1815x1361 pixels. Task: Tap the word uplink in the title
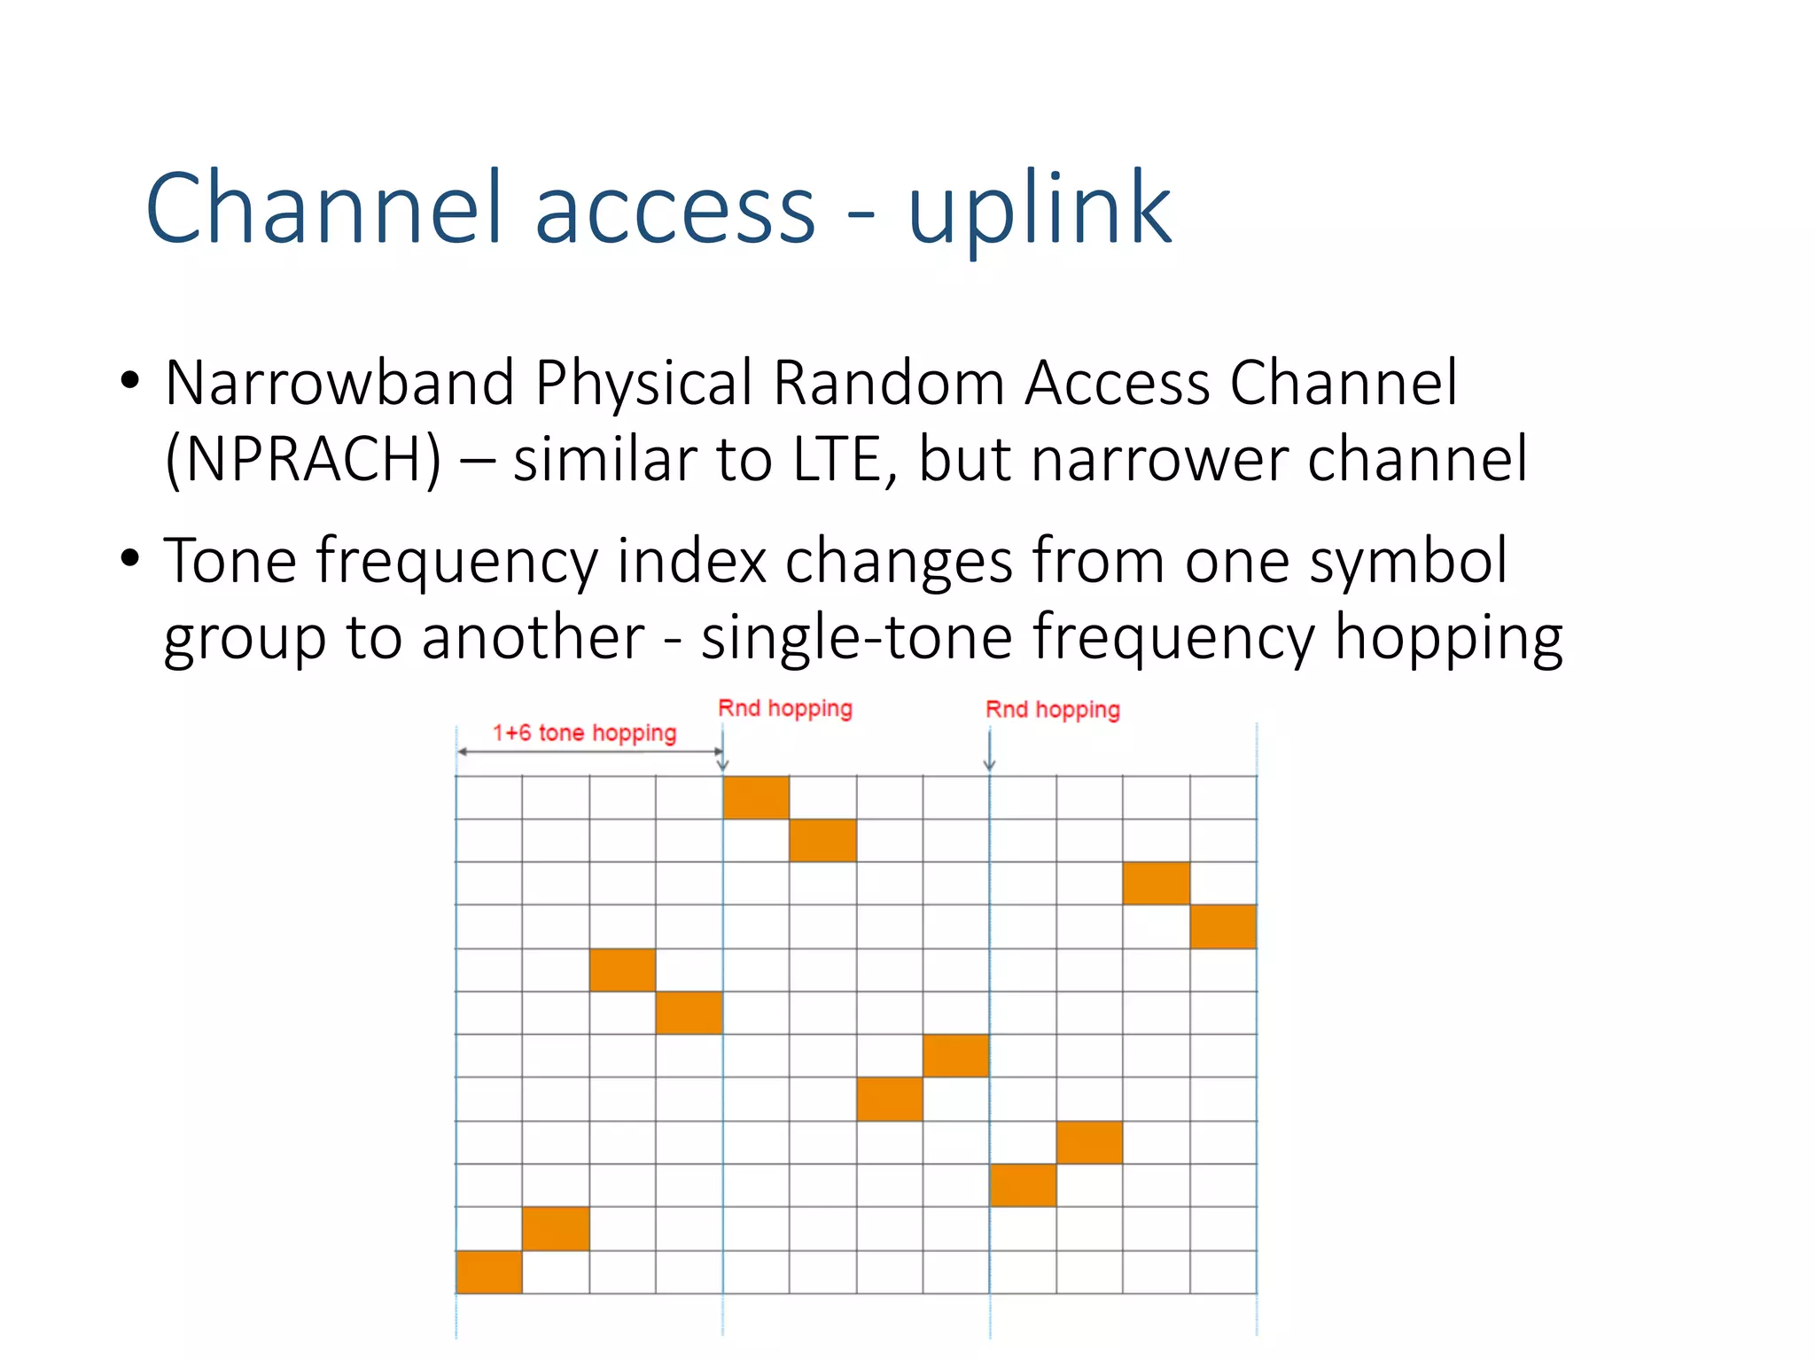click(1039, 209)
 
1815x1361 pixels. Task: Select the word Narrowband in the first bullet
click(339, 383)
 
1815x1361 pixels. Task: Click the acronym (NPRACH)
click(303, 459)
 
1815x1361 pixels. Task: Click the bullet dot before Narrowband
click(130, 382)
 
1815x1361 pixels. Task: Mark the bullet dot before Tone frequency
click(130, 559)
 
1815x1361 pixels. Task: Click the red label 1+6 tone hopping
click(584, 733)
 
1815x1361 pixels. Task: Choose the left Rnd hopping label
click(785, 708)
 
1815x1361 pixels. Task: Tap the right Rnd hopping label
click(1053, 709)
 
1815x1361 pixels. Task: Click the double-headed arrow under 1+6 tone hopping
click(589, 751)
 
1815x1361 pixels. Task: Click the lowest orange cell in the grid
click(489, 1272)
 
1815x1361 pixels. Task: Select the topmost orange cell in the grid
click(756, 797)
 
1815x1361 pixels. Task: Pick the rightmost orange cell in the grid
click(1223, 926)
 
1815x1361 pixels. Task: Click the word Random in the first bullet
click(890, 383)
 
